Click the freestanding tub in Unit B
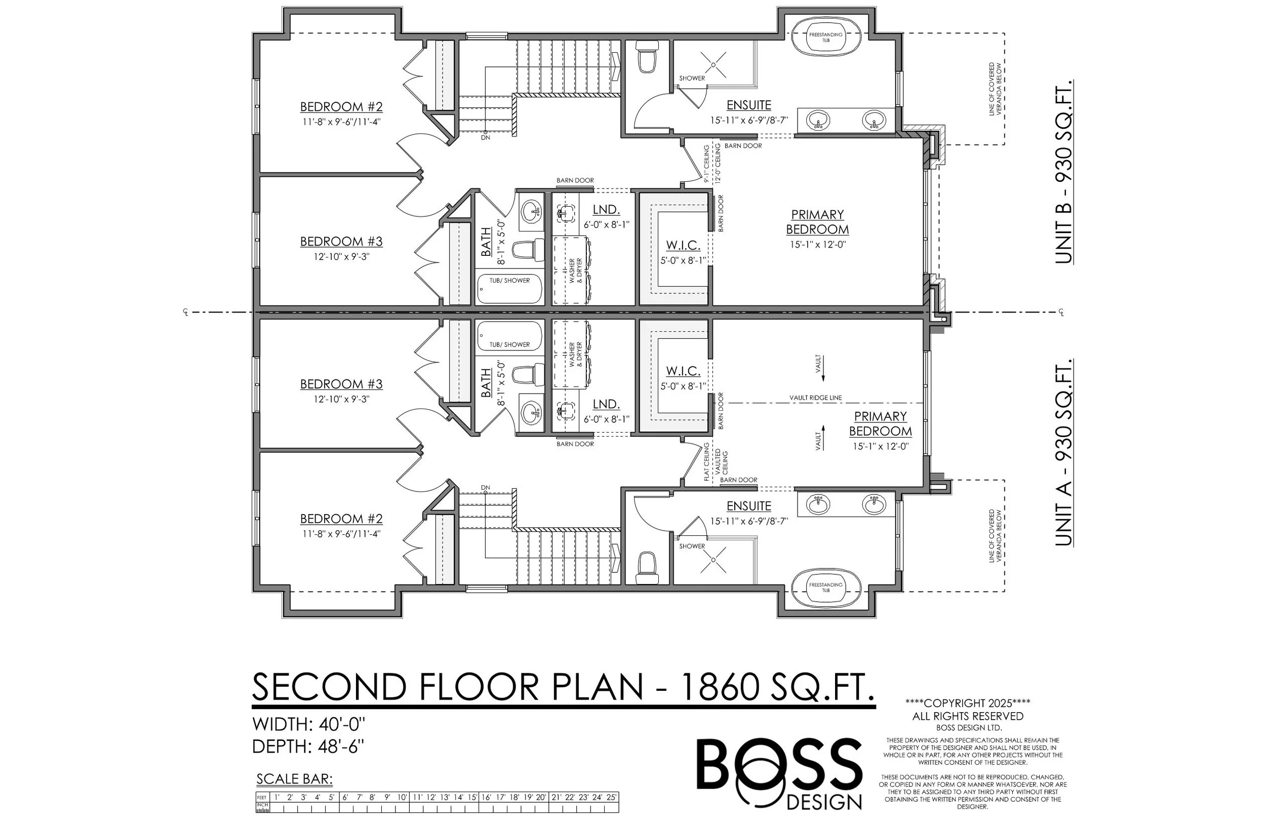click(x=826, y=36)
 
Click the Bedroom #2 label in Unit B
click(x=341, y=107)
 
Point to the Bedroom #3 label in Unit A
click(x=341, y=384)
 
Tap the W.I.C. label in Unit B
click(x=683, y=246)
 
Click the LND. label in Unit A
click(x=606, y=404)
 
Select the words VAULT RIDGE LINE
click(x=816, y=398)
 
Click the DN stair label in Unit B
click(x=486, y=138)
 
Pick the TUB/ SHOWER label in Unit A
click(x=509, y=344)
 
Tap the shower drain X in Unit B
click(x=713, y=65)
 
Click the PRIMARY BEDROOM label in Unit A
click(x=881, y=424)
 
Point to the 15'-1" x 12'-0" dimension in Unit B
click(x=818, y=245)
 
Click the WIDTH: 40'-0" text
click(x=309, y=724)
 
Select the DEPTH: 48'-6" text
click(x=308, y=747)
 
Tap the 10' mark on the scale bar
click(x=402, y=797)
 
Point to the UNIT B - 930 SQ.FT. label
click(x=1063, y=171)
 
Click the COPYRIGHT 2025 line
click(x=968, y=703)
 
